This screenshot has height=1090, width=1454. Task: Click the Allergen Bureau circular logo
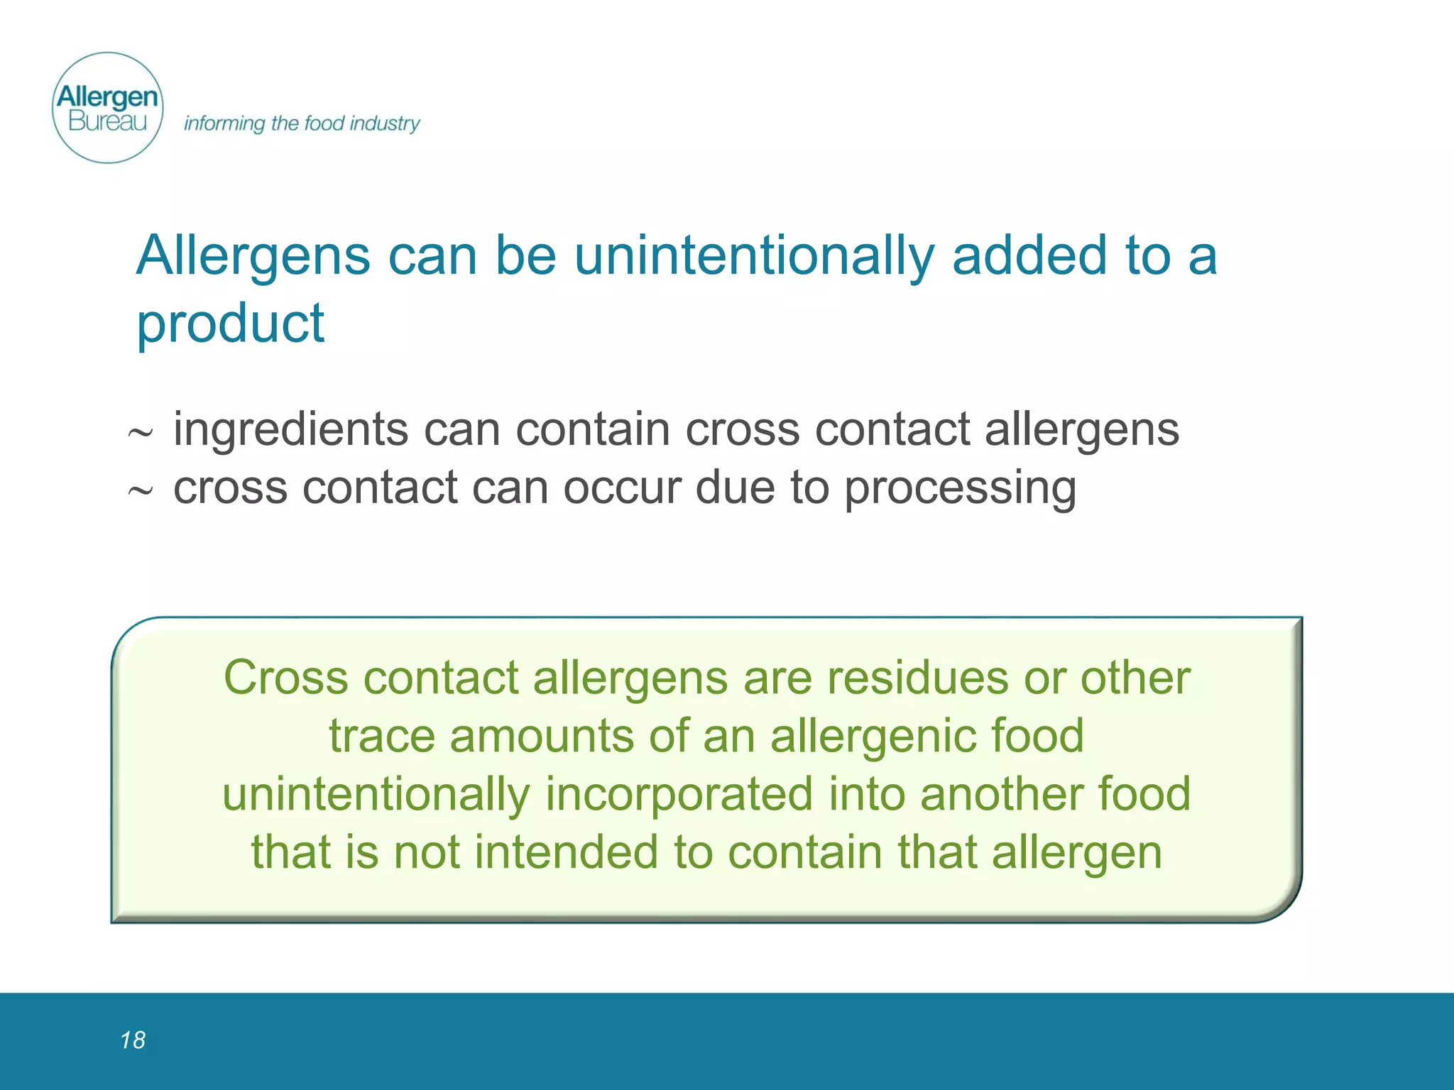tap(108, 108)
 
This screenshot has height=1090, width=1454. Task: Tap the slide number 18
tap(133, 1040)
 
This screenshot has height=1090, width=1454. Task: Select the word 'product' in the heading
tap(230, 324)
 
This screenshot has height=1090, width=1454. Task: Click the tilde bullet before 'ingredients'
tap(140, 433)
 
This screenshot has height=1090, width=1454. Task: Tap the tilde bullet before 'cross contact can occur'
tap(140, 491)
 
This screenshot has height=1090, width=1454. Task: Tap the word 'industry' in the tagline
tap(385, 123)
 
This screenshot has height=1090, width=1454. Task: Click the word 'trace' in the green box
tap(381, 736)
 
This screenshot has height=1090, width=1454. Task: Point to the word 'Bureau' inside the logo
tap(108, 122)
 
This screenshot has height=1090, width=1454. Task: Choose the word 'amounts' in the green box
tap(542, 736)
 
